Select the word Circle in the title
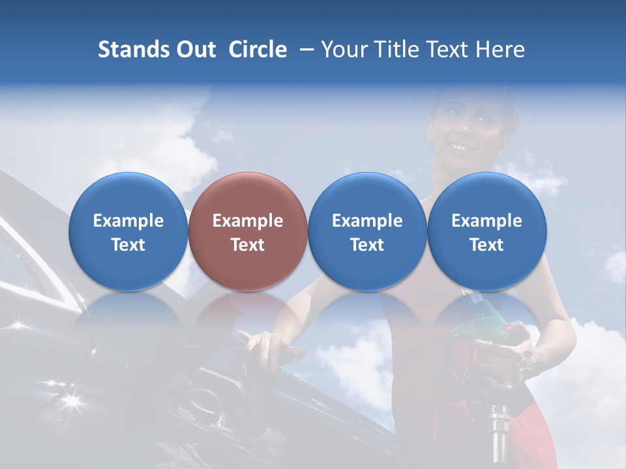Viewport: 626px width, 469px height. click(258, 50)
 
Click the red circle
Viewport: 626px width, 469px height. click(248, 231)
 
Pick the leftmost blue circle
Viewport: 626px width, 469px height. click(128, 231)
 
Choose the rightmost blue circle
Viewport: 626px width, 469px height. click(487, 231)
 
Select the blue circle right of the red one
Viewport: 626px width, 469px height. click(367, 231)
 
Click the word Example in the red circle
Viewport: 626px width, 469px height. click(248, 221)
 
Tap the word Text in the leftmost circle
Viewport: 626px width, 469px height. click(128, 245)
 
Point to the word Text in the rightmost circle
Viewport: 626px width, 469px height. click(487, 245)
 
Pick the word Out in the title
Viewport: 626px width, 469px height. click(195, 50)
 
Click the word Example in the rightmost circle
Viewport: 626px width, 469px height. click(487, 221)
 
